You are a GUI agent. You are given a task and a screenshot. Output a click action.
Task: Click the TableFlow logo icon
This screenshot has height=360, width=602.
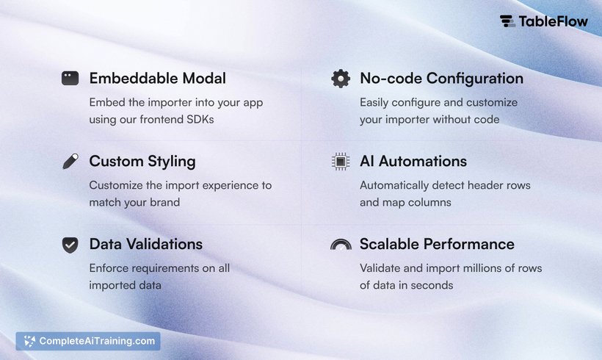pos(507,21)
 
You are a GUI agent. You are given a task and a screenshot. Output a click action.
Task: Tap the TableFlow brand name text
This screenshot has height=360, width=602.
pos(554,21)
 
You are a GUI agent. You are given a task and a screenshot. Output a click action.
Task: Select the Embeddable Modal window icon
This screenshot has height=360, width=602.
pos(70,78)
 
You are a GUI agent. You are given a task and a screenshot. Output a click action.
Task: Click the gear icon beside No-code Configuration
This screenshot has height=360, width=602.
pos(341,79)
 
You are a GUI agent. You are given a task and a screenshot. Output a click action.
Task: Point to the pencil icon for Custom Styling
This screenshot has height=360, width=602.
pos(70,162)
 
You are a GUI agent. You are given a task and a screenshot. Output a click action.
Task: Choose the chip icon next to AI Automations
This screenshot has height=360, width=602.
pos(341,162)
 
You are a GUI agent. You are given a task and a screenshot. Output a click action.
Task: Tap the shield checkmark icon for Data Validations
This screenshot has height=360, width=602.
pos(70,245)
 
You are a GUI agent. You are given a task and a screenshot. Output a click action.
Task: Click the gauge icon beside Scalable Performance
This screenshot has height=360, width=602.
pos(341,244)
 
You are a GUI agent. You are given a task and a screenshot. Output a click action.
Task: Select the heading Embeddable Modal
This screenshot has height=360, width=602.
pos(157,79)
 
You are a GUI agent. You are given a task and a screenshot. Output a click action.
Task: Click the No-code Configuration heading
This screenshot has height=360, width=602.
pos(441,79)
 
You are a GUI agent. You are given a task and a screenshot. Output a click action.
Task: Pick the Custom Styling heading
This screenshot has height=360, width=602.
pos(142,162)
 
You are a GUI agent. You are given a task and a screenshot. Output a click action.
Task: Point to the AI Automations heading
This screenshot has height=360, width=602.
pos(413,162)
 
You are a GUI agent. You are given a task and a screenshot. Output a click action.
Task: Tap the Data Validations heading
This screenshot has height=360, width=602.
pos(146,245)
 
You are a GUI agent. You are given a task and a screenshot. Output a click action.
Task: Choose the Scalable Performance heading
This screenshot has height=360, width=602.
pos(437,245)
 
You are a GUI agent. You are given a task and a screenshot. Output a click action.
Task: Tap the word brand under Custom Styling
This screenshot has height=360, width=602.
pos(164,202)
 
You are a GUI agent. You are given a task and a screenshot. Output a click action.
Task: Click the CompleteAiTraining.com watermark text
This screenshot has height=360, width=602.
pos(97,341)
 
